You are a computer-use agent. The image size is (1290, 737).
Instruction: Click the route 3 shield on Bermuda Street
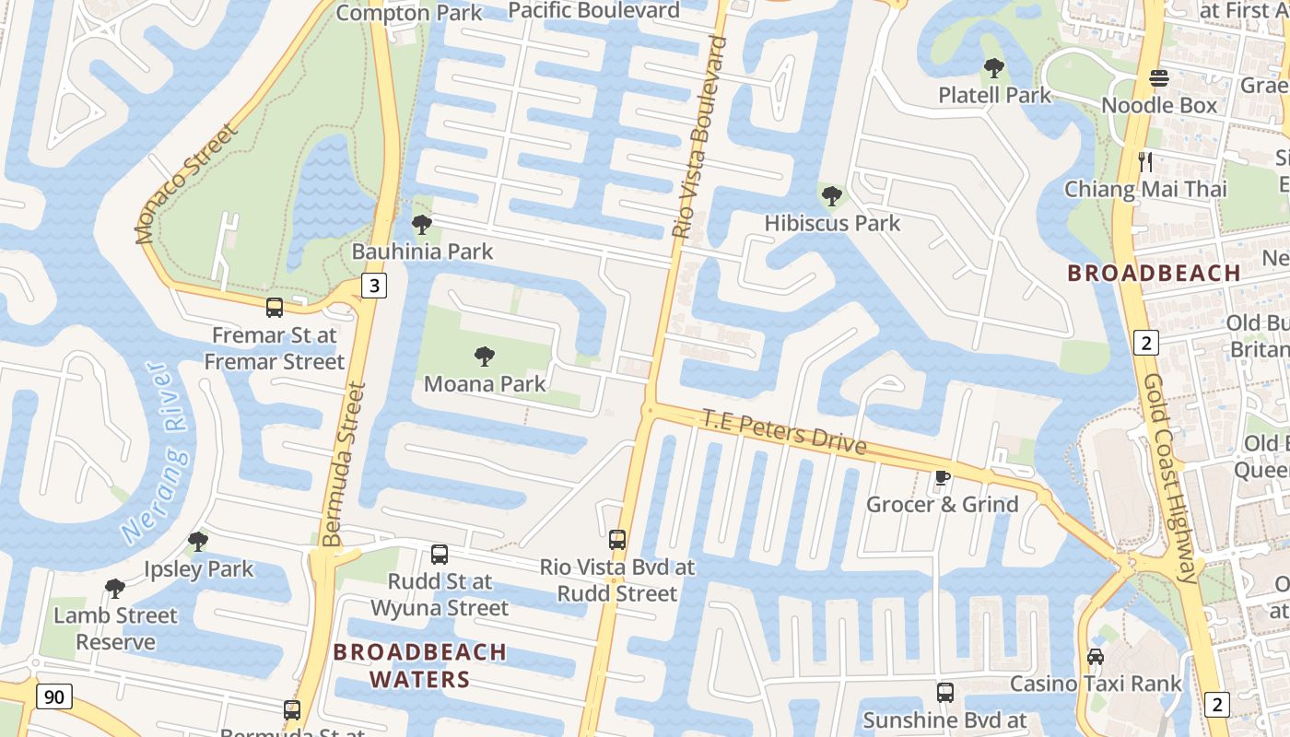click(373, 286)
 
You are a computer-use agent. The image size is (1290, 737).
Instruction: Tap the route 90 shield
click(54, 696)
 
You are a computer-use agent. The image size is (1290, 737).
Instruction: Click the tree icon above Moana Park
click(484, 357)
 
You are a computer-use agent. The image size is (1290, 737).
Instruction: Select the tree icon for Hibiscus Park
click(831, 196)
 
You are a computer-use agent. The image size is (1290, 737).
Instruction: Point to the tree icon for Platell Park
click(993, 68)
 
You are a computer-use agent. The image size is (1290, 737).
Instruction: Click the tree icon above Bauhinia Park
click(421, 224)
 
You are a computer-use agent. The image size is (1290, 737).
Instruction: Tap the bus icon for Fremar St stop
click(275, 308)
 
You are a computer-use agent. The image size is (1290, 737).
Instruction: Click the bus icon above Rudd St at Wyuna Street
click(440, 555)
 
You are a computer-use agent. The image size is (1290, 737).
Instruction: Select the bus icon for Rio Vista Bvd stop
click(617, 540)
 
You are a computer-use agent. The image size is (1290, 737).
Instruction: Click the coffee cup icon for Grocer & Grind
click(942, 477)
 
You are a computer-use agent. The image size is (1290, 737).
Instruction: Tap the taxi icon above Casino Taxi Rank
click(1096, 657)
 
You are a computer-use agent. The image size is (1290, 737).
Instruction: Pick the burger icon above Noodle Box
click(1159, 78)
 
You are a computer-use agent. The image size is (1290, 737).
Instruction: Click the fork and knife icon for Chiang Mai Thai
click(1145, 162)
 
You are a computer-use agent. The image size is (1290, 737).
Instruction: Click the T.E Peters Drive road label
click(784, 432)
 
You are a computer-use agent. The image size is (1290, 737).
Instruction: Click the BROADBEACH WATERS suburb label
click(419, 665)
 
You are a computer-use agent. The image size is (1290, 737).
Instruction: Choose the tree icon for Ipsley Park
click(197, 542)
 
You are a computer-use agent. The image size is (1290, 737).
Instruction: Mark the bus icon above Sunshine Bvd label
click(945, 693)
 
